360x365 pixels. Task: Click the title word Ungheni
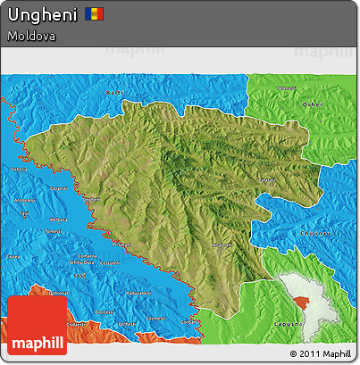pyautogui.click(x=40, y=15)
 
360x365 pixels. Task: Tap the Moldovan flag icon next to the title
pyautogui.click(x=95, y=14)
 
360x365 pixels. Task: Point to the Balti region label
pyautogui.click(x=113, y=92)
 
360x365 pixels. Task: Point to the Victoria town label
pyautogui.click(x=18, y=169)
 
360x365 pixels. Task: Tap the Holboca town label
pyautogui.click(x=58, y=220)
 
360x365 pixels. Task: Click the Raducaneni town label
pyautogui.click(x=138, y=293)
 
